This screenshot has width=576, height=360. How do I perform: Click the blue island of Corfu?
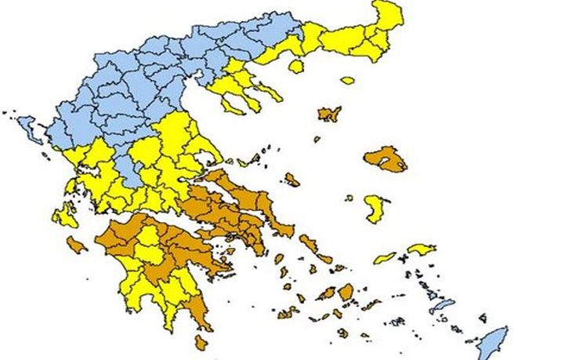(x=29, y=128)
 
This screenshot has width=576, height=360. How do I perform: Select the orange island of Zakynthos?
(x=75, y=245)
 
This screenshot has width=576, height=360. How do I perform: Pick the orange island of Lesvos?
(x=385, y=158)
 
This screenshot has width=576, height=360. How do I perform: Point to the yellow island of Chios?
(x=375, y=207)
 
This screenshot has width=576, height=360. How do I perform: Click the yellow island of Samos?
(x=422, y=249)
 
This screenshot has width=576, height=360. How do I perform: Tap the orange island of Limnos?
(x=329, y=114)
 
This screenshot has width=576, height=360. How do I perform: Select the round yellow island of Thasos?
(x=296, y=67)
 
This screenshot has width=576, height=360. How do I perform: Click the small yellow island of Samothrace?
(x=347, y=79)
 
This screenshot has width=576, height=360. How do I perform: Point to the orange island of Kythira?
(x=201, y=342)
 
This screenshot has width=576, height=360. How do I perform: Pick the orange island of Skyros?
(x=292, y=180)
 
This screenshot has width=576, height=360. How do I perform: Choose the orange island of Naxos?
(x=346, y=292)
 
